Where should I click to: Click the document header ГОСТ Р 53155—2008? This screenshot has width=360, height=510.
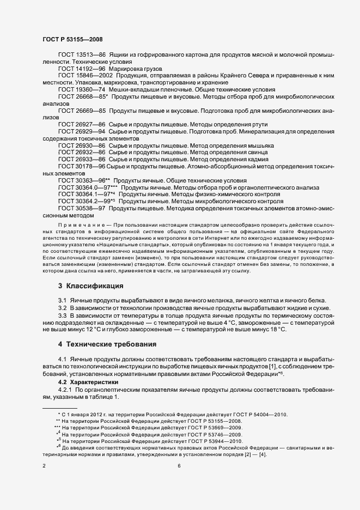(72, 39)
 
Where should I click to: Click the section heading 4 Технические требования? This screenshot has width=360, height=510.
(108, 344)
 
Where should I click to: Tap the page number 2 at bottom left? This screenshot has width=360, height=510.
(44, 466)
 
